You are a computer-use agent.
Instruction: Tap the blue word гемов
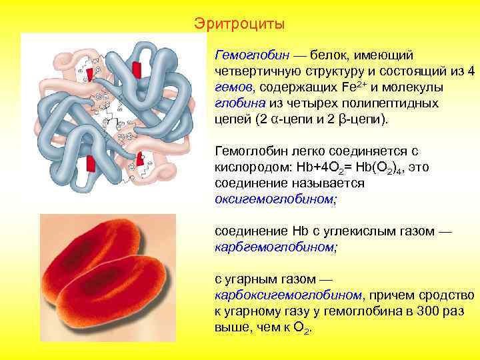(x=233, y=88)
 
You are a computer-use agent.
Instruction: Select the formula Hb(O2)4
(x=383, y=166)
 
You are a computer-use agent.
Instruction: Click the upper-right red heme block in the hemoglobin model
(x=137, y=70)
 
